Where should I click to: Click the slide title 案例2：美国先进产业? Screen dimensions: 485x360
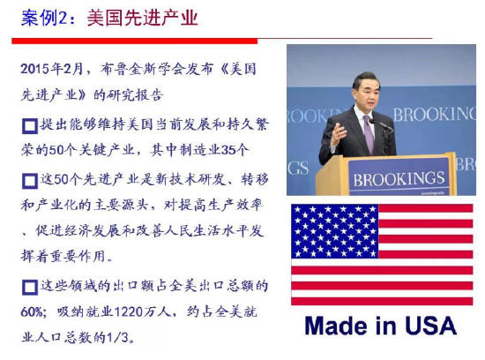click(x=109, y=18)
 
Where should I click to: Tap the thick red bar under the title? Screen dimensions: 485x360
click(x=135, y=41)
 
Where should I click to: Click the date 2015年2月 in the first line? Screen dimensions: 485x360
click(x=52, y=69)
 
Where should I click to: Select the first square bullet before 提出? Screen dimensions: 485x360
click(x=30, y=126)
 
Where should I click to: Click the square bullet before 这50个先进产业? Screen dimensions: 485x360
click(x=30, y=181)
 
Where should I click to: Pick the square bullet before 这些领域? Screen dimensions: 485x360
click(x=30, y=288)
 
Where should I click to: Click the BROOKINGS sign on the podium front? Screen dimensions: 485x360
click(x=399, y=179)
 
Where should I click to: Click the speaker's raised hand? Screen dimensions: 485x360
click(x=338, y=134)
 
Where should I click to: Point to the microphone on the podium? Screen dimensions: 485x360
click(x=381, y=124)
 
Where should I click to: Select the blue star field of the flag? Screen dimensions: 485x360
click(x=335, y=231)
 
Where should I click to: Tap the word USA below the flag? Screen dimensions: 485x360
click(x=431, y=326)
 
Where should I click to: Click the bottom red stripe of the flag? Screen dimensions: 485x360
click(x=382, y=301)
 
